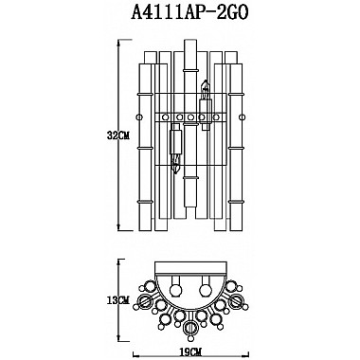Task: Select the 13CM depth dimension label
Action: click(x=117, y=300)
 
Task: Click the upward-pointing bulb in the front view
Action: click(x=205, y=94)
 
